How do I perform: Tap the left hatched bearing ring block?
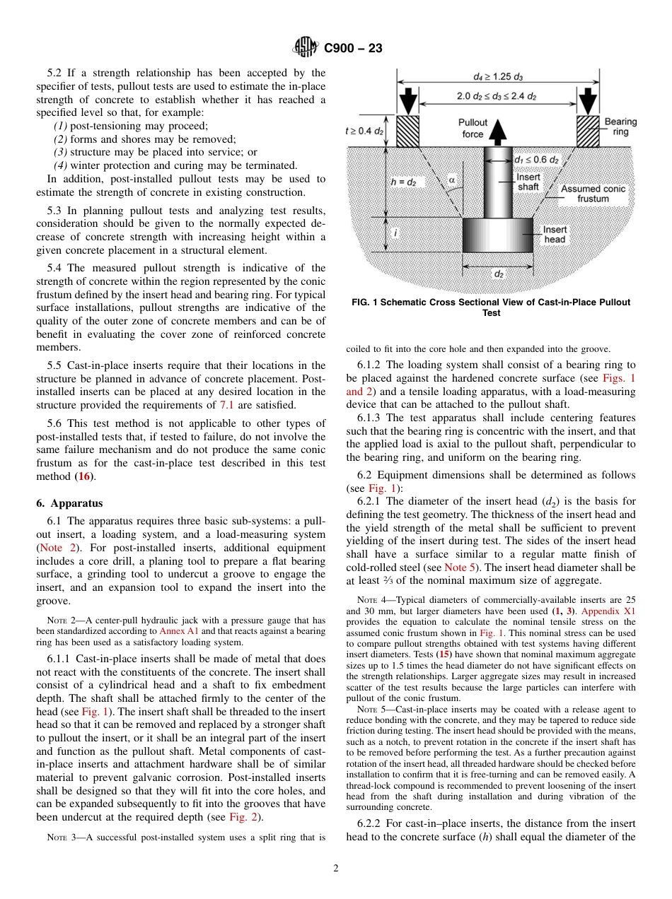(410, 131)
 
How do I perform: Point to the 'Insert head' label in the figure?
(555, 235)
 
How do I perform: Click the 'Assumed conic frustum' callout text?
(593, 194)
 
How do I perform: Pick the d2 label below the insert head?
(498, 274)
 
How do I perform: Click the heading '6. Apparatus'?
(69, 503)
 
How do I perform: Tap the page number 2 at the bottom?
(336, 869)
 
